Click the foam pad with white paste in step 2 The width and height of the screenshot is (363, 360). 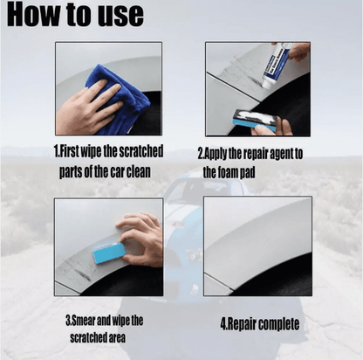pos(256,121)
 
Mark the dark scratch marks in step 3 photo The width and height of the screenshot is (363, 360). pos(76,268)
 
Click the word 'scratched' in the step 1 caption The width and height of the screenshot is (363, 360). pos(141,151)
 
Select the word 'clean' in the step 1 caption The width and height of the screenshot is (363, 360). pos(138,171)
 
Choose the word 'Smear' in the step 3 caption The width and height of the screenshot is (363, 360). pos(83,321)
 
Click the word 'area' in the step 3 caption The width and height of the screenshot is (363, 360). pos(117,338)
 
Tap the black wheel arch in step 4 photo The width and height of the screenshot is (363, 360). pos(279,277)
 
